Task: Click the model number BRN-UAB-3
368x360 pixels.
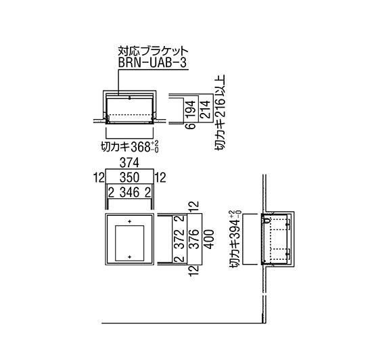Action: tap(153, 63)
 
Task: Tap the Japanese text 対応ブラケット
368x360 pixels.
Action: tap(153, 51)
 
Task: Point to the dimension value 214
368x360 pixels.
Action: tap(205, 109)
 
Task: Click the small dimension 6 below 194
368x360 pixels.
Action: tap(191, 126)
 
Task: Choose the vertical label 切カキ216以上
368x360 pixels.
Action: tap(220, 113)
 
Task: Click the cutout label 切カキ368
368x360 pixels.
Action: tap(130, 147)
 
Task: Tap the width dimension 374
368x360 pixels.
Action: tap(129, 162)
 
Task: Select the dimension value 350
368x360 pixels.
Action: tap(129, 177)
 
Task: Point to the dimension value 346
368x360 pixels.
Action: tap(129, 193)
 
